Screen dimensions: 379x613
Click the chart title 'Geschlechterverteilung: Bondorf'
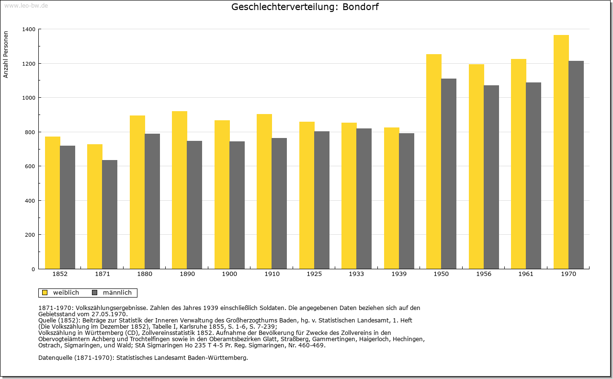(x=305, y=7)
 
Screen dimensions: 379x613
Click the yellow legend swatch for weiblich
(x=45, y=293)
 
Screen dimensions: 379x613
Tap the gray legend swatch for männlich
(x=94, y=293)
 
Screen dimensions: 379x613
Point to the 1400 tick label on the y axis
(x=28, y=29)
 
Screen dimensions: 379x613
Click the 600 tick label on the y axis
(x=30, y=166)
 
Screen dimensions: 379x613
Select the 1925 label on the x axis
(x=314, y=274)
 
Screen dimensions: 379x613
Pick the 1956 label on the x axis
(x=484, y=274)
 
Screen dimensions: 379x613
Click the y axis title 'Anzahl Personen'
(x=6, y=54)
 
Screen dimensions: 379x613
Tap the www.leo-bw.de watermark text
(x=25, y=5)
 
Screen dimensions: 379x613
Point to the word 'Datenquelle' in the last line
(x=55, y=357)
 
